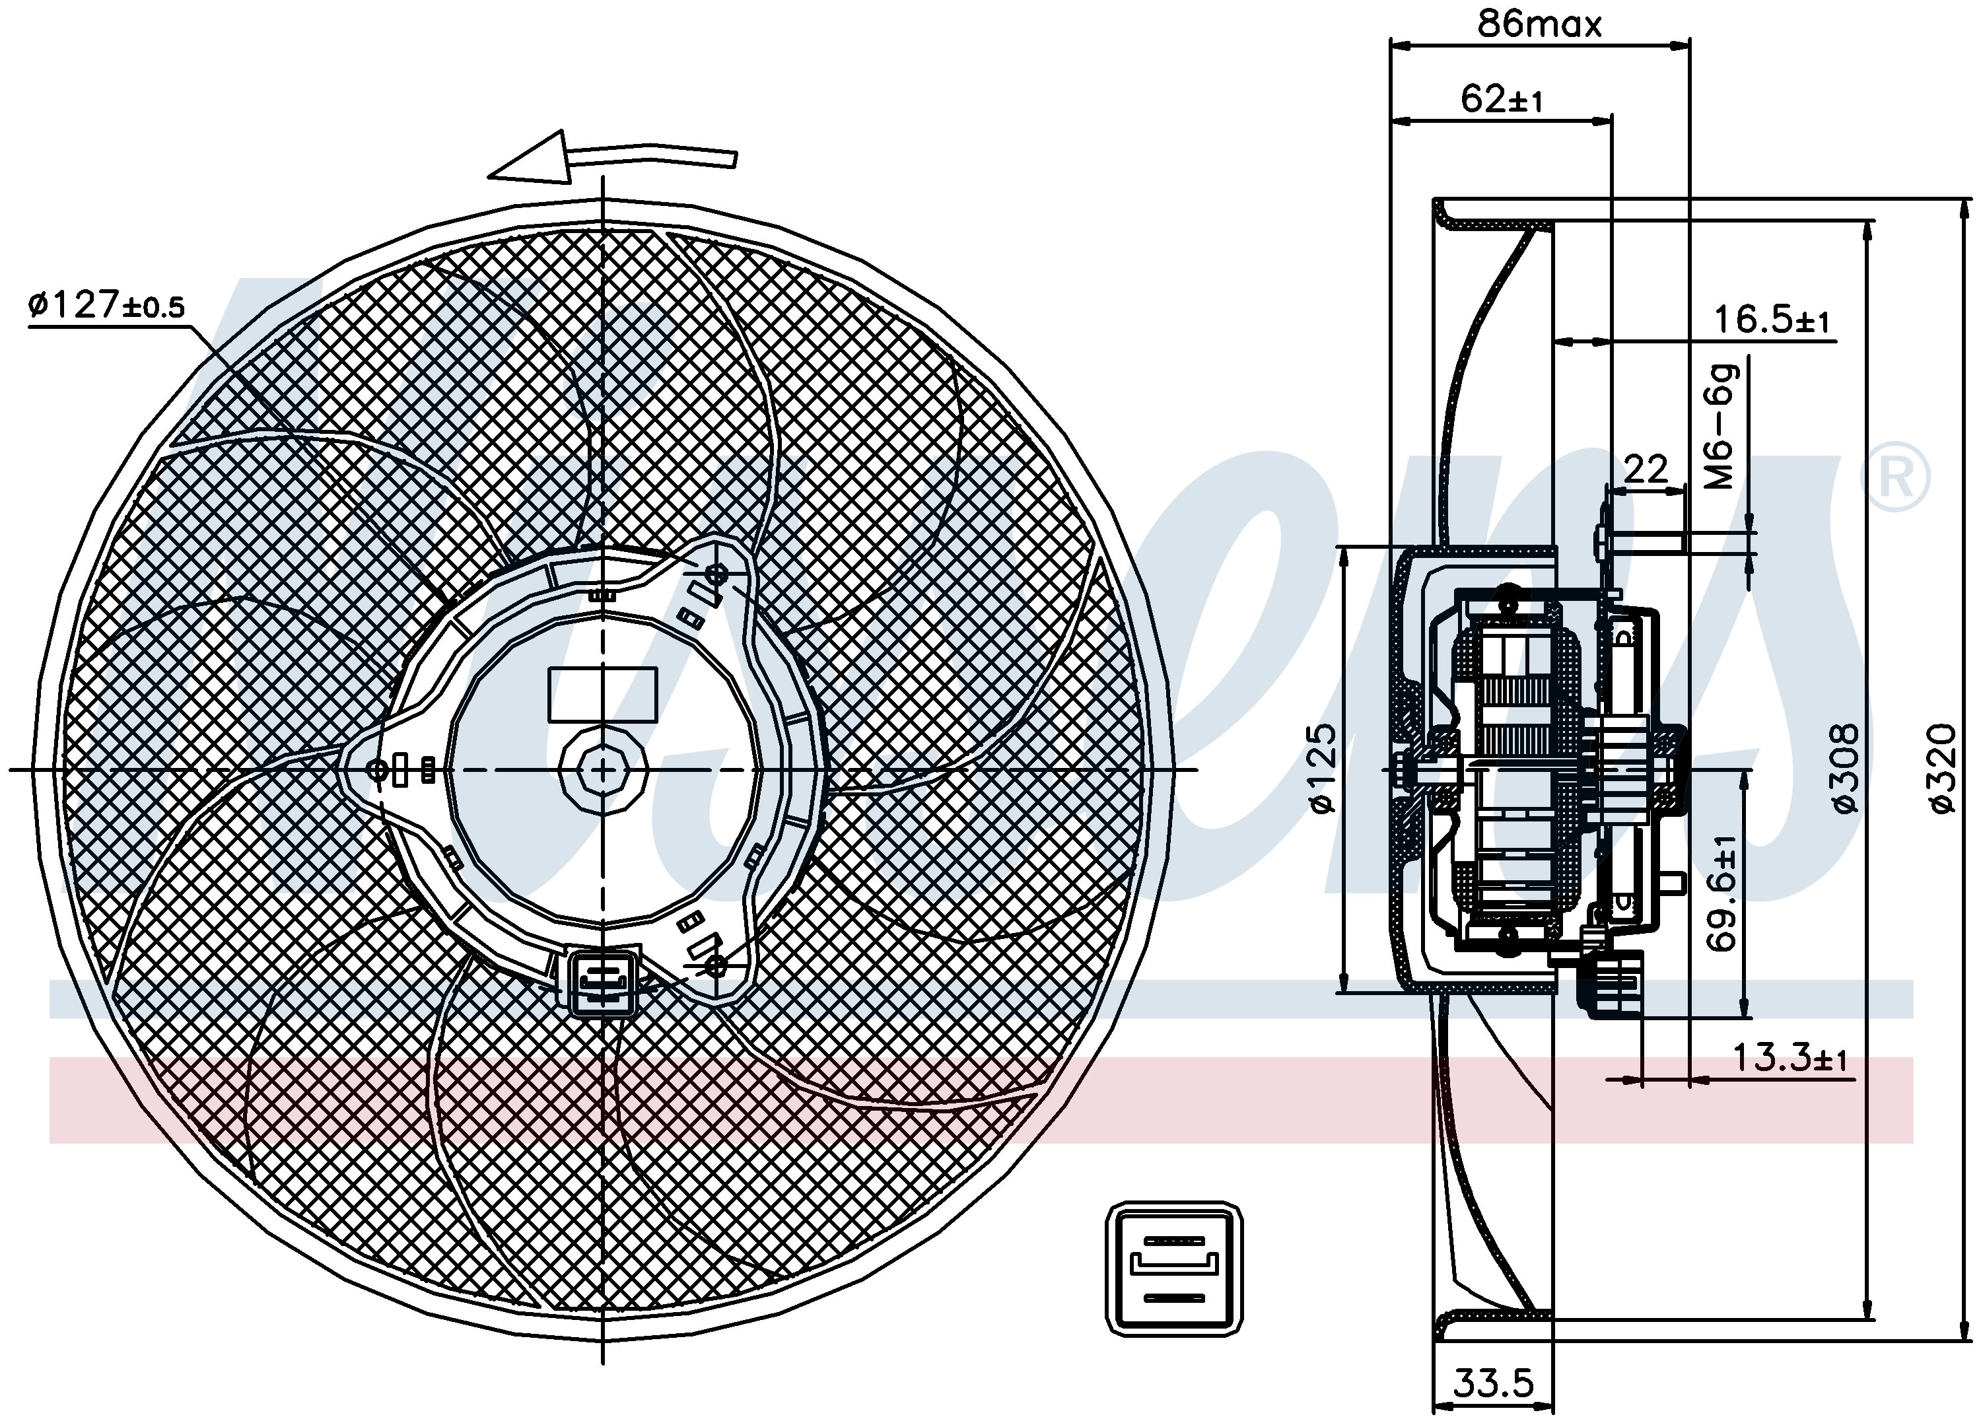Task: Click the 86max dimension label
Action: [1539, 24]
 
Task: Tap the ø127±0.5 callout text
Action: [106, 305]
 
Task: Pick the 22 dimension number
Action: [1646, 470]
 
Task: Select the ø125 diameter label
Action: [1324, 768]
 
